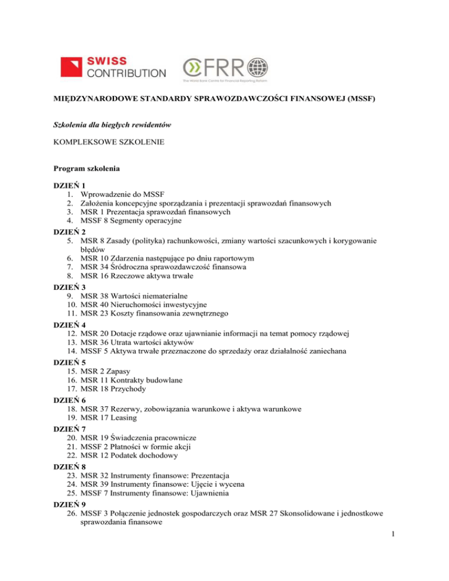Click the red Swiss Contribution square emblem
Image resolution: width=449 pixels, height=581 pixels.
point(73,67)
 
